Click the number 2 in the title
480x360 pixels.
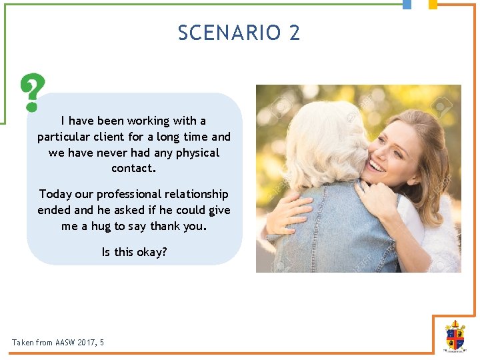(x=295, y=33)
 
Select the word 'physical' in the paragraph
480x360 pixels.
(x=197, y=153)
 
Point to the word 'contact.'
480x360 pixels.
(x=134, y=169)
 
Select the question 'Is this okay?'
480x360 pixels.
(x=134, y=252)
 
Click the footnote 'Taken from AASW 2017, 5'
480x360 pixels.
(x=58, y=343)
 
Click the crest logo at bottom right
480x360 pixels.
(x=455, y=335)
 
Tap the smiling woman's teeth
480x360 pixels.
(x=378, y=165)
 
